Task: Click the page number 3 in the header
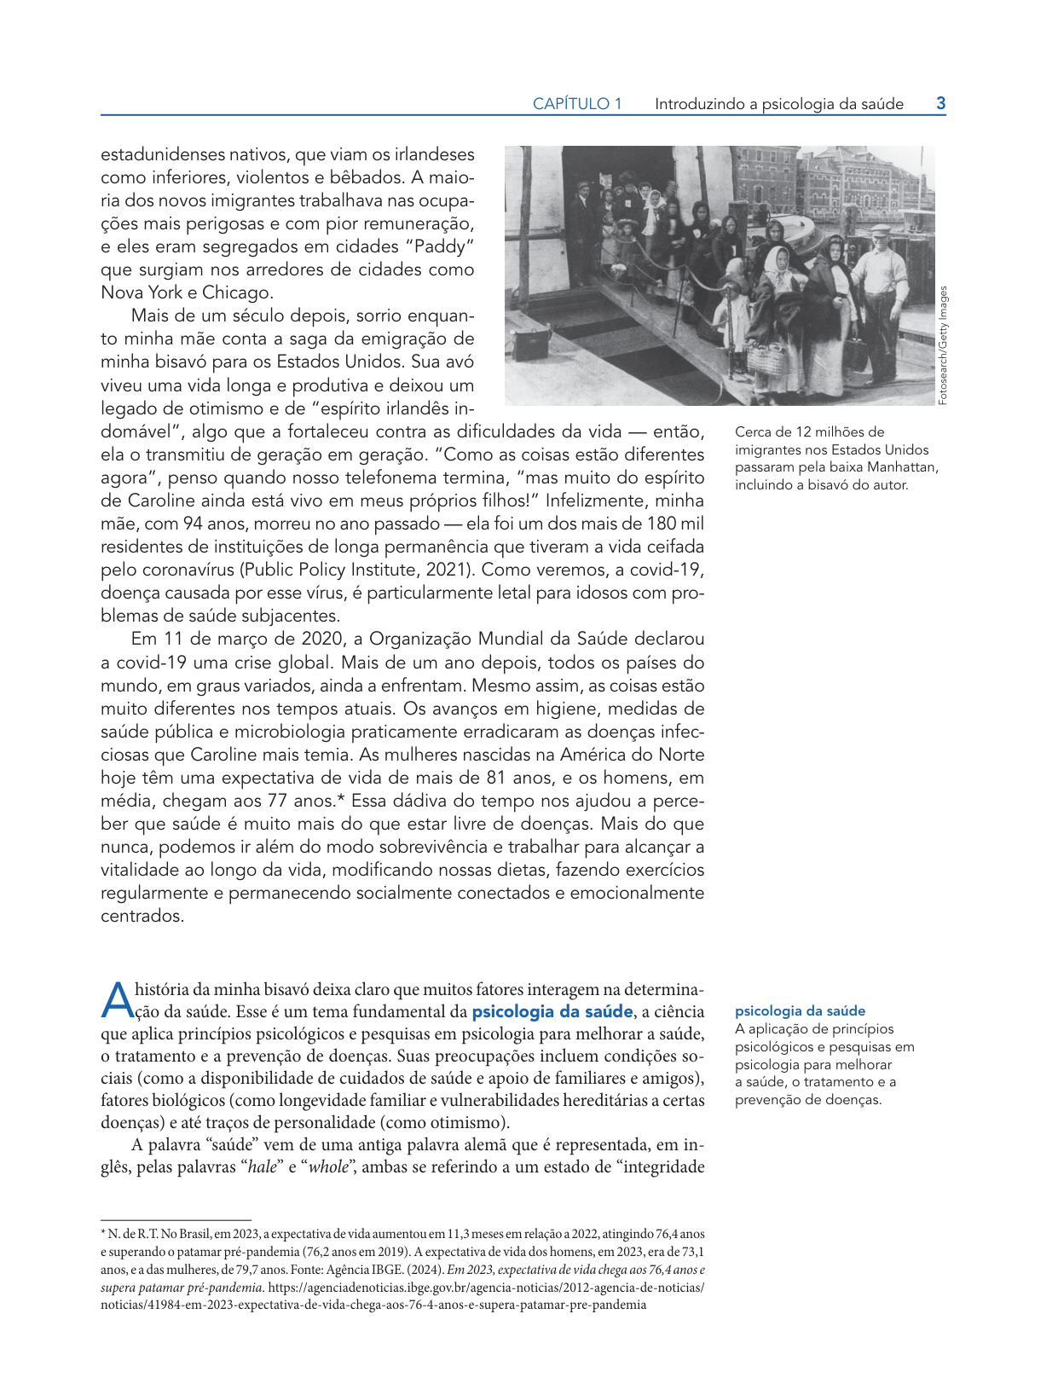[x=940, y=104]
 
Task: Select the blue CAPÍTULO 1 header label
[x=577, y=104]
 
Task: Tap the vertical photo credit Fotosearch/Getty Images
[x=943, y=345]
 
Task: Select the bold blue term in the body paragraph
[x=552, y=1012]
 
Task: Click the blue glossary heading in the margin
[x=800, y=1011]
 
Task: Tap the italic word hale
[x=263, y=1167]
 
